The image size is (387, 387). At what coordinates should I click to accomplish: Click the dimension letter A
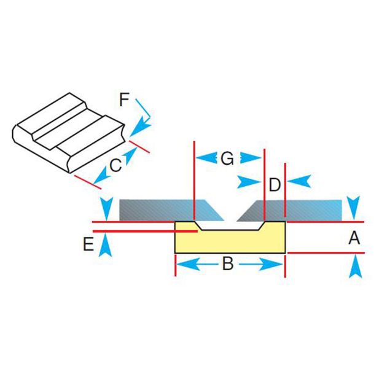[x=354, y=237]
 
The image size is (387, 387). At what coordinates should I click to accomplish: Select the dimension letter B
[x=227, y=265]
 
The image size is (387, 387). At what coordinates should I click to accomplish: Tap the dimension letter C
[x=115, y=164]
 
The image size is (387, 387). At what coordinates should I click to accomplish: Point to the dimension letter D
[x=275, y=184]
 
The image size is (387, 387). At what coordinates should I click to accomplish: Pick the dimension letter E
[x=88, y=244]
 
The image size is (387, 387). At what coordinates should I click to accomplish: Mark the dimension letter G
[x=227, y=159]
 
